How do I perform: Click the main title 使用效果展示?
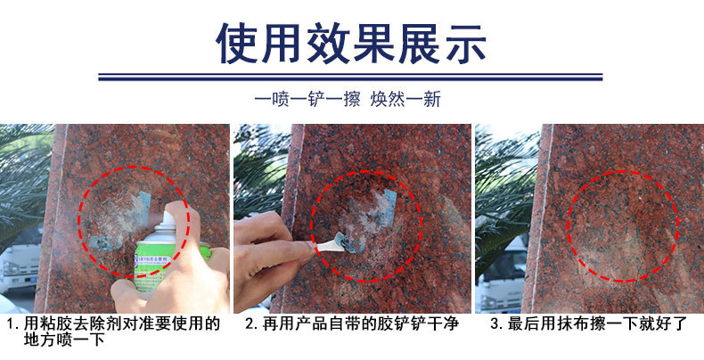pos(351,42)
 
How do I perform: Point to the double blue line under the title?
pos(351,77)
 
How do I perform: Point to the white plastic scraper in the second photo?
pos(332,241)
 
